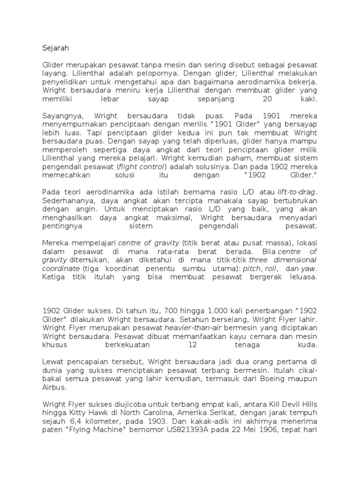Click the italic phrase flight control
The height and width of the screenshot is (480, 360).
(x=147, y=166)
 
